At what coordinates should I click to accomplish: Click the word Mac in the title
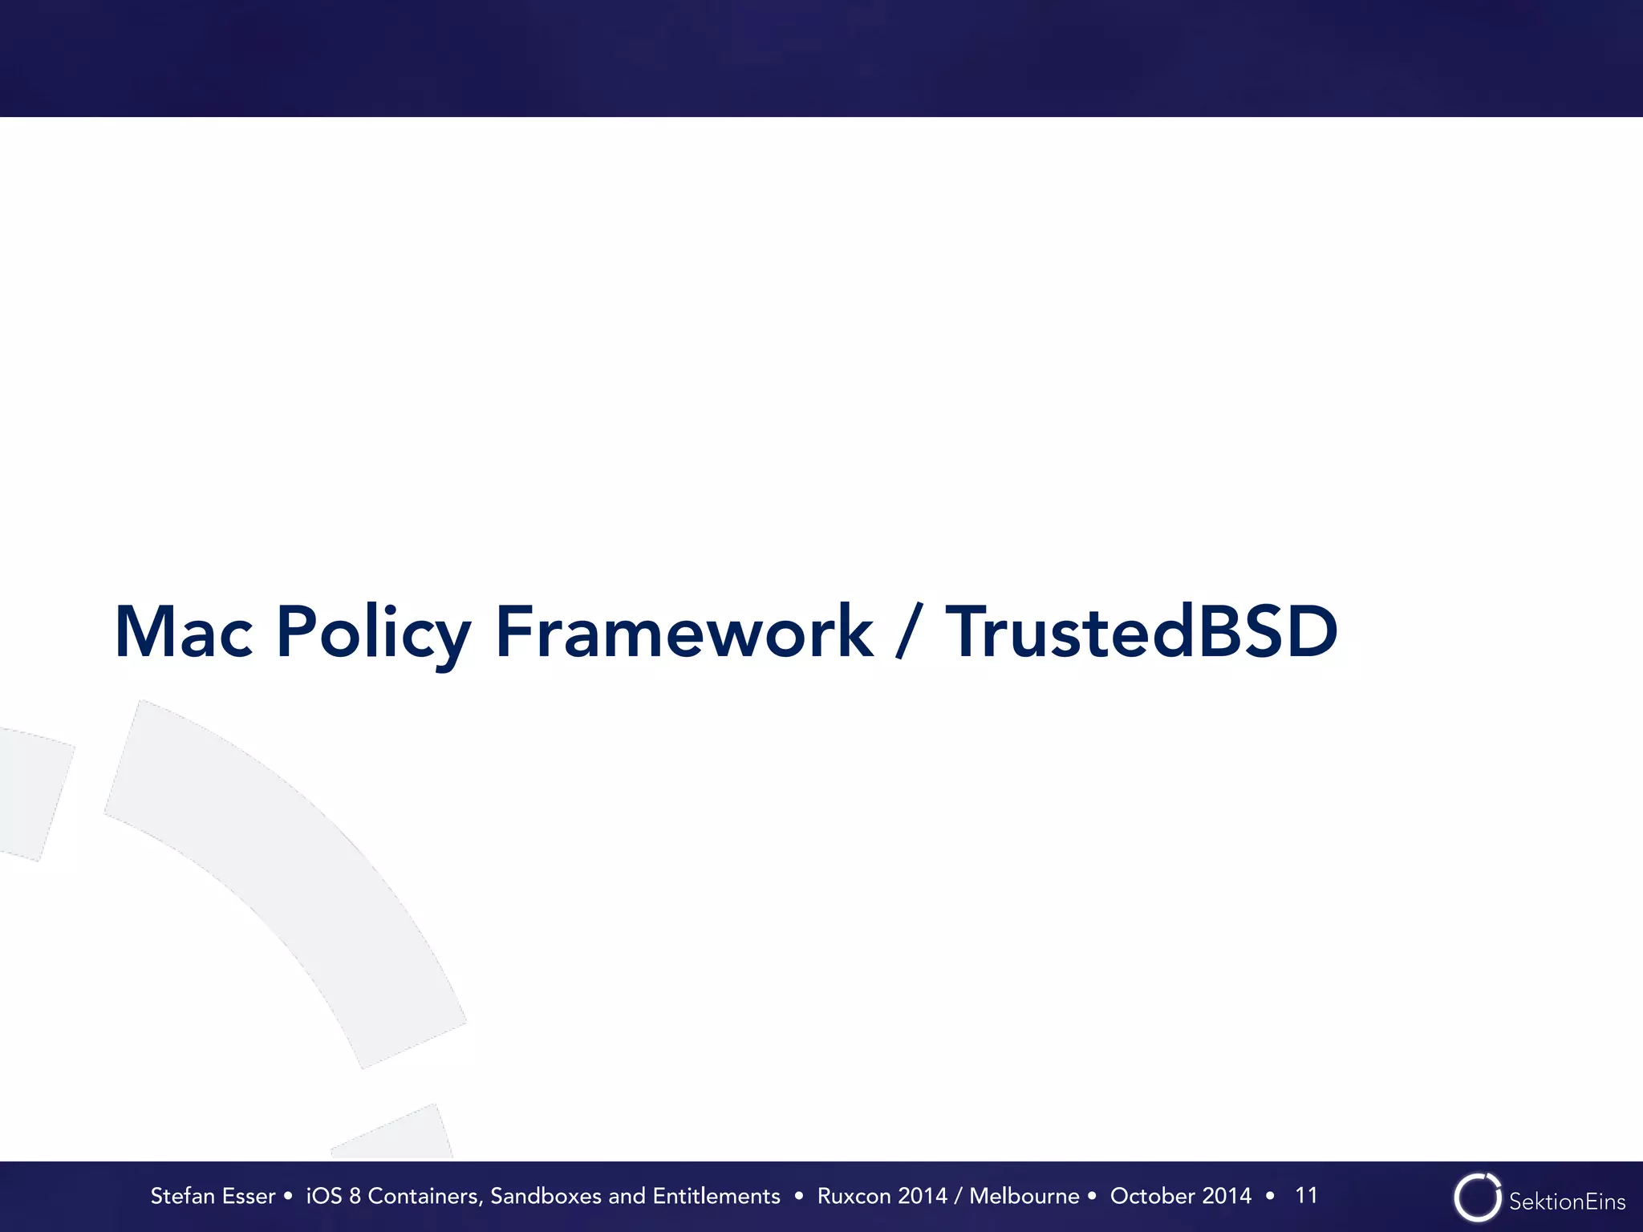tap(184, 633)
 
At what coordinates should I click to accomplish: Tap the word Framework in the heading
tap(684, 633)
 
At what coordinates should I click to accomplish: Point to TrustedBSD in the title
tap(1141, 633)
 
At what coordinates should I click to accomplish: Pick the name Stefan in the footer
tap(185, 1196)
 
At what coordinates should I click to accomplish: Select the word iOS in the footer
tap(324, 1196)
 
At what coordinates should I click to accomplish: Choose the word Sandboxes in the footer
tap(546, 1196)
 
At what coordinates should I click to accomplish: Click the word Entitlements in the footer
tap(716, 1196)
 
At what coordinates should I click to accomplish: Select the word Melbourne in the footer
tap(1024, 1196)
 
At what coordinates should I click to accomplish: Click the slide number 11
tap(1306, 1195)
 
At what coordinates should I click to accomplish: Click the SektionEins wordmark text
tap(1567, 1202)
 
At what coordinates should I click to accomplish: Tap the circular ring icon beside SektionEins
tap(1477, 1198)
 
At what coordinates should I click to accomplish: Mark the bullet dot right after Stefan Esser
tap(288, 1196)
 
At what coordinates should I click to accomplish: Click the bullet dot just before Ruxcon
tap(798, 1196)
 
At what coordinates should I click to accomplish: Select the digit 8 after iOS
tap(355, 1196)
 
